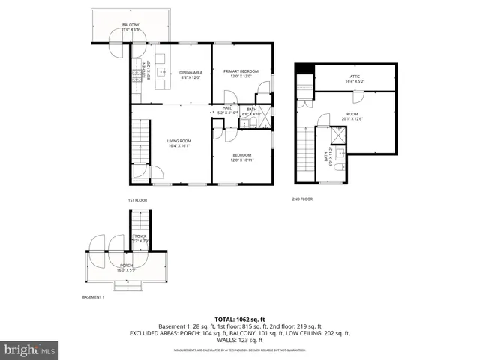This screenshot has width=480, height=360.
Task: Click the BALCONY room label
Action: (x=131, y=25)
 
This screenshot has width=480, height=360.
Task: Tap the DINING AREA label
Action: (x=190, y=73)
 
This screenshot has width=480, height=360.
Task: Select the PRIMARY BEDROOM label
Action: (x=241, y=71)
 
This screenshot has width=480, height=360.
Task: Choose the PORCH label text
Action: (x=127, y=265)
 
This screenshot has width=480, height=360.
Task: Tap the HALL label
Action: (x=227, y=107)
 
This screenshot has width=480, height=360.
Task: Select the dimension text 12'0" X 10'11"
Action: (x=241, y=160)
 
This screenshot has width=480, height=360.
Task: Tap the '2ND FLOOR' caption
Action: (x=302, y=199)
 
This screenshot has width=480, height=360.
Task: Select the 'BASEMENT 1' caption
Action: (x=93, y=297)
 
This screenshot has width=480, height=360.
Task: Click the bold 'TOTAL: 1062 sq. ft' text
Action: (x=239, y=318)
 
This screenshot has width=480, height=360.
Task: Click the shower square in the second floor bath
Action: (x=339, y=135)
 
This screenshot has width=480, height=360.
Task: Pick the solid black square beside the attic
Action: (x=303, y=70)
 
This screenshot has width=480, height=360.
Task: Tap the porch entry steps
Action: (x=127, y=285)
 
